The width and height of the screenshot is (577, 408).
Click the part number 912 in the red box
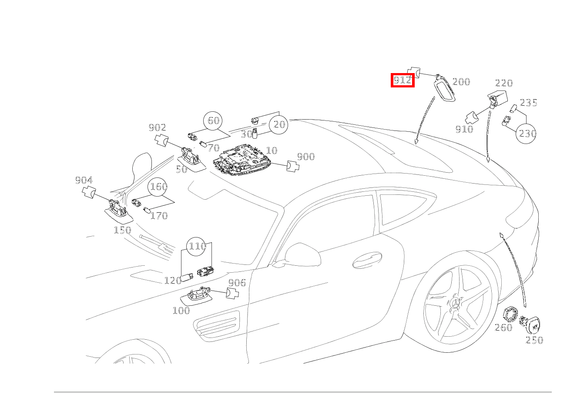[x=402, y=80]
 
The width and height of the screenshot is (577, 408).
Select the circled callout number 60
[x=213, y=120]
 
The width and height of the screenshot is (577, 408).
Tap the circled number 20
[x=279, y=125]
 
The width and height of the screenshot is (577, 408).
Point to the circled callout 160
[x=158, y=187]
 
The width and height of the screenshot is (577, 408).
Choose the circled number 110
[x=197, y=247]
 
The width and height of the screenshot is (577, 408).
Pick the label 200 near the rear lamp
[x=461, y=82]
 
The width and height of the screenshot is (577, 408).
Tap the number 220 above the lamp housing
[x=504, y=83]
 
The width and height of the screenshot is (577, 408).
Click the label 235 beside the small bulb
[x=529, y=103]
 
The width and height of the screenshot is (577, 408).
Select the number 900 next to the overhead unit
[x=305, y=157]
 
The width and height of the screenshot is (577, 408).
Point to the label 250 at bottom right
[x=534, y=340]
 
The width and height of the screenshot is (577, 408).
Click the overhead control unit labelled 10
[x=242, y=161]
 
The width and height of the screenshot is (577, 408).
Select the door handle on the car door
[x=367, y=261]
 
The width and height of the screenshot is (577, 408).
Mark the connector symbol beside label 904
[x=90, y=191]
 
